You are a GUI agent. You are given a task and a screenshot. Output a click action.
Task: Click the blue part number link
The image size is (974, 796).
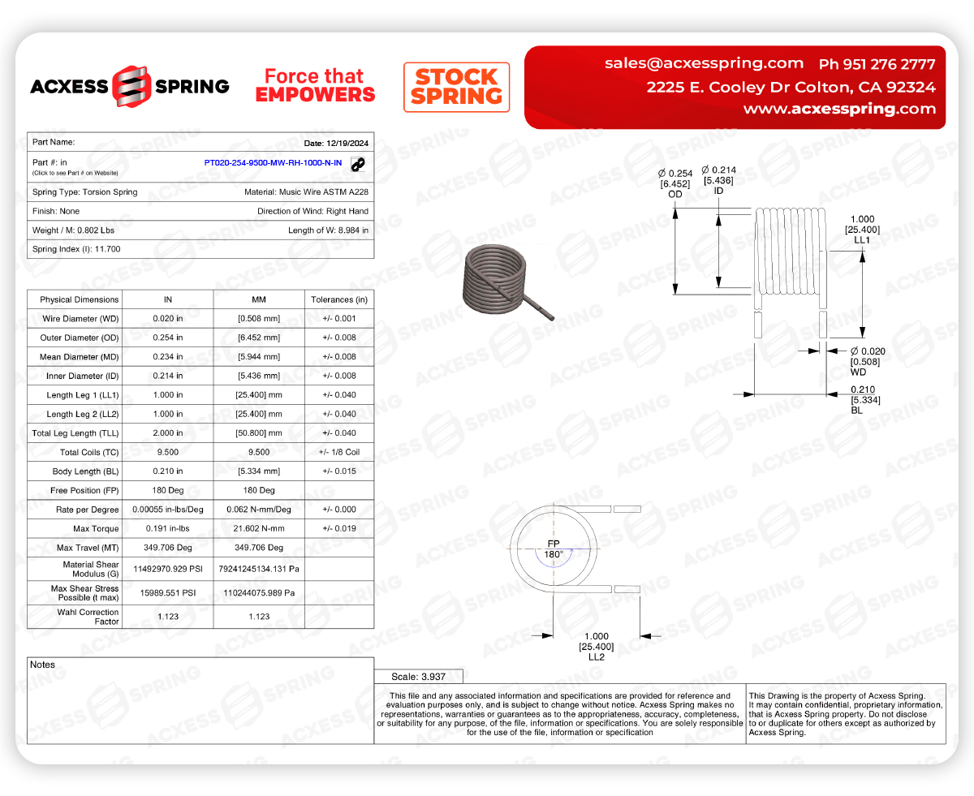tap(273, 163)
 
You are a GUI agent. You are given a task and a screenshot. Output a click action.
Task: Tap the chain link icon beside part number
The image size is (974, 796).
tap(358, 164)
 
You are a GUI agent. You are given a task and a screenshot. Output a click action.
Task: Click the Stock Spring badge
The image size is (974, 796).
tap(456, 87)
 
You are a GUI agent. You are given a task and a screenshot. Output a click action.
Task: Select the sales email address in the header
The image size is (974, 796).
tap(704, 63)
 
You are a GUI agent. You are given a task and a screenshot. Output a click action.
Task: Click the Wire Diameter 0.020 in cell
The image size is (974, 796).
tap(168, 319)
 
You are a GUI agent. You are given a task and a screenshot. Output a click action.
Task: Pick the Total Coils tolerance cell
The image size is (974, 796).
tap(339, 452)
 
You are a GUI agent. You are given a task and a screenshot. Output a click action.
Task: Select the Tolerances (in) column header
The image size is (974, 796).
tap(339, 299)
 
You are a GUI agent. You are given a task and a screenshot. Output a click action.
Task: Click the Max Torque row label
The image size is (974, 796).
tap(79, 528)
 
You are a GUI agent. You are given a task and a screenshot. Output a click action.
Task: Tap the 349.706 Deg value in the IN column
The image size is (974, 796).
tap(168, 548)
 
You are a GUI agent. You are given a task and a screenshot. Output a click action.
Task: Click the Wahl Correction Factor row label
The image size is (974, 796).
tap(79, 617)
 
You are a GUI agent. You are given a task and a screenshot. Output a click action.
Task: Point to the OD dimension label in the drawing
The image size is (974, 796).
tap(675, 195)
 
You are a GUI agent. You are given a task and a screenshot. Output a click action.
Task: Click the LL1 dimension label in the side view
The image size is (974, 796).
tap(862, 240)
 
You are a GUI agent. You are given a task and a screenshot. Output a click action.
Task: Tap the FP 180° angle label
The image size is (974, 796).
tap(554, 549)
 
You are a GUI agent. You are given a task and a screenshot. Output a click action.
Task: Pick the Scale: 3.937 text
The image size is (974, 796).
tap(418, 676)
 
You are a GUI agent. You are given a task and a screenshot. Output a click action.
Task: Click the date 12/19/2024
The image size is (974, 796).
tap(336, 144)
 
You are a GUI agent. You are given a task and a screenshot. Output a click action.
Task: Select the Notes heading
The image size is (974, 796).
tap(42, 665)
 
